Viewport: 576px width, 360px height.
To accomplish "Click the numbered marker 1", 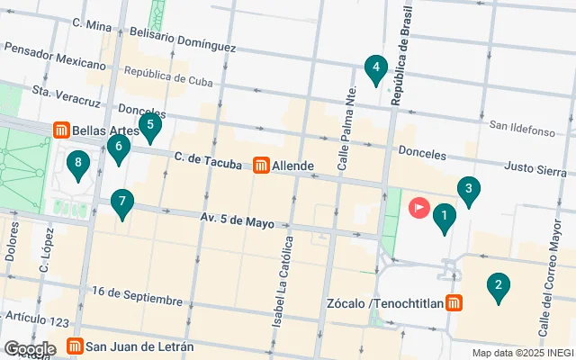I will (443, 217).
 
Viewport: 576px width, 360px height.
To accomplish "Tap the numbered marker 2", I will (496, 287).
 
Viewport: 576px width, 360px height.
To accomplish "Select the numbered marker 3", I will (467, 189).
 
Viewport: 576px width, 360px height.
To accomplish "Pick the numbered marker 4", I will (375, 67).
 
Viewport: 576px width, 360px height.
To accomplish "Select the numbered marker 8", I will (79, 164).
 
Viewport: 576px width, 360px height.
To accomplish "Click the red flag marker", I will (419, 207).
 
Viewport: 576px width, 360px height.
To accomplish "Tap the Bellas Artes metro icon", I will (62, 130).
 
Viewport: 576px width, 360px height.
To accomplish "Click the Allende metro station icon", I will (261, 166).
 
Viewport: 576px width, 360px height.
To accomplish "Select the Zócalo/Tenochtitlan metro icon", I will (456, 303).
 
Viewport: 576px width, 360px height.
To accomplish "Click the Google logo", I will (30, 348).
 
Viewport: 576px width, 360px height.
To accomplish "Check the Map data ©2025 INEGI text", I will (521, 353).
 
